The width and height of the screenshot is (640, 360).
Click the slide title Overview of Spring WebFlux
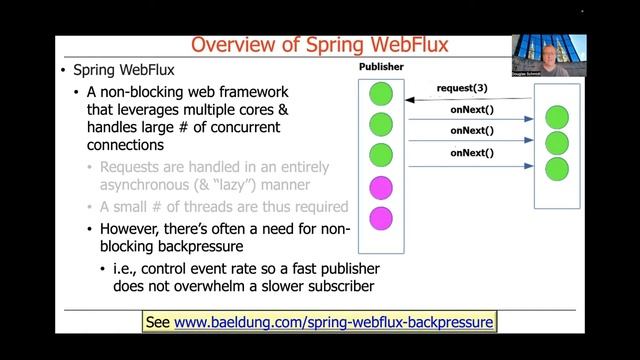(x=320, y=45)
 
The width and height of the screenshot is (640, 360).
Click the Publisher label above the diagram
(x=381, y=67)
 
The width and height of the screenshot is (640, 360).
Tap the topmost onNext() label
(x=472, y=110)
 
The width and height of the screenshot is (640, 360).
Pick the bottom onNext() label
(x=472, y=152)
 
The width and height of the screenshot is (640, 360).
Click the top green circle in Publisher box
(x=381, y=95)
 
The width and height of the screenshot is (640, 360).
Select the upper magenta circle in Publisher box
(x=381, y=187)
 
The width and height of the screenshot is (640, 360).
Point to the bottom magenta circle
(x=381, y=217)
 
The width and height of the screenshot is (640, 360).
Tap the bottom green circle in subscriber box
(x=557, y=166)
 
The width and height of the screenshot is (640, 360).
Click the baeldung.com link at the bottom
(x=334, y=322)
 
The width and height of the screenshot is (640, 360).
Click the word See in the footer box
(x=158, y=322)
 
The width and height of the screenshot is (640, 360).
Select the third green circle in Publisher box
(x=381, y=156)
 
